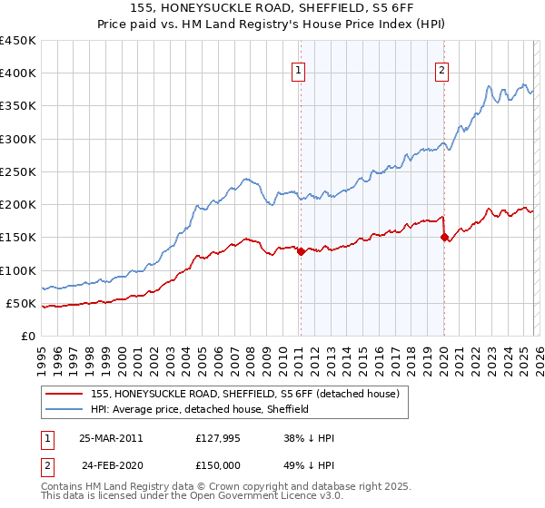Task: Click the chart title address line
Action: click(272, 8)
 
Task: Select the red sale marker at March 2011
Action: click(301, 252)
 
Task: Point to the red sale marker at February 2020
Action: click(444, 238)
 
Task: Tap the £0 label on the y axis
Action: click(27, 336)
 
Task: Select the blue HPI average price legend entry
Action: click(200, 409)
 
